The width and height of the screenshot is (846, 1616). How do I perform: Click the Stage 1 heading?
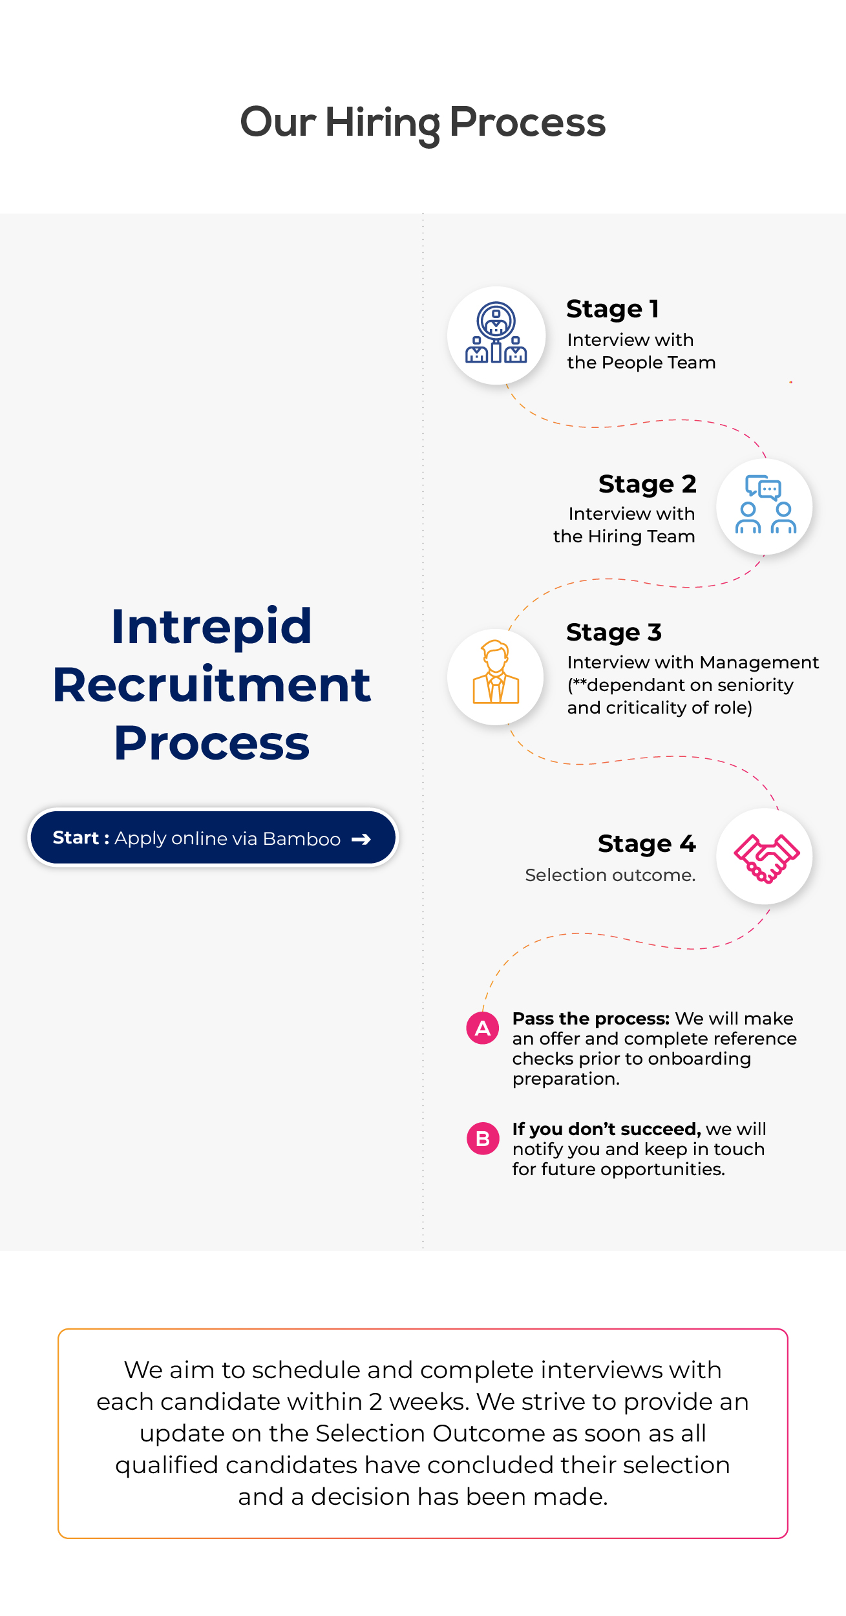pyautogui.click(x=612, y=309)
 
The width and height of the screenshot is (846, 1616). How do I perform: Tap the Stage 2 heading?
pyautogui.click(x=647, y=484)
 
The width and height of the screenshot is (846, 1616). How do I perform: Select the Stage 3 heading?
pyautogui.click(x=613, y=632)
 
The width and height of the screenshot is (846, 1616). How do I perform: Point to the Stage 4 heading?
pyautogui.click(x=646, y=844)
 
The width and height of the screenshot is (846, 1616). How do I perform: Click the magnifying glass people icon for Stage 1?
pyautogui.click(x=496, y=334)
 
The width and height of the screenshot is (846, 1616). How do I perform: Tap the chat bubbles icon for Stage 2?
pyautogui.click(x=765, y=505)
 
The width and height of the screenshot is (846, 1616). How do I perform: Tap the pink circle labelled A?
pyautogui.click(x=483, y=1028)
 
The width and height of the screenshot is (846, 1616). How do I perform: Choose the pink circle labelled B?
pyautogui.click(x=483, y=1138)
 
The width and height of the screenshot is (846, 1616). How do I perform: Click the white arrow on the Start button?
pyautogui.click(x=361, y=839)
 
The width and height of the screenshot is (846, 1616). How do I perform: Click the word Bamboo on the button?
pyautogui.click(x=302, y=839)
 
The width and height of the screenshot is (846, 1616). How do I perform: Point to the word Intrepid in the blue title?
pyautogui.click(x=211, y=626)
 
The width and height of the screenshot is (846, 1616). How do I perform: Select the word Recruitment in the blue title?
pyautogui.click(x=211, y=685)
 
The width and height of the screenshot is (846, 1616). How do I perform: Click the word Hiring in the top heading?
pyautogui.click(x=383, y=123)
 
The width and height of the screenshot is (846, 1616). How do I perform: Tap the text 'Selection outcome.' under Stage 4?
pyautogui.click(x=610, y=875)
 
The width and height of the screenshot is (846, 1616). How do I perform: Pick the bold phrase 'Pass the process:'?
pyautogui.click(x=591, y=1019)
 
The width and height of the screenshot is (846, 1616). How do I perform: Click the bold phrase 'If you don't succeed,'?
pyautogui.click(x=606, y=1129)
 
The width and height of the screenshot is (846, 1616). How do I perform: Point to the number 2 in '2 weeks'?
pyautogui.click(x=375, y=1402)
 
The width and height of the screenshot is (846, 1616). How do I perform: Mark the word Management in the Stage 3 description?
pyautogui.click(x=759, y=663)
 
